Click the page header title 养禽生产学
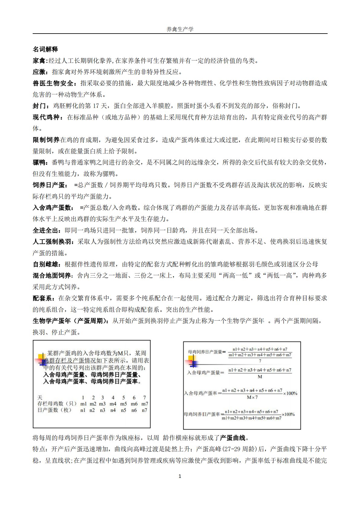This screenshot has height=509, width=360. [180, 29]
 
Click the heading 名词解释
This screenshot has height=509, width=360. [45, 49]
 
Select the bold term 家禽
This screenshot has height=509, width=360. [39, 61]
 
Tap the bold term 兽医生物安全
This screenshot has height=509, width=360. [53, 83]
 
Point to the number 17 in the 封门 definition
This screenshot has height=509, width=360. [96, 106]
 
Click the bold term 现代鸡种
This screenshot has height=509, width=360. [46, 117]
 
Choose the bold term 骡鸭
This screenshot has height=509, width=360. [39, 163]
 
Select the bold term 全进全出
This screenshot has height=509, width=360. [46, 230]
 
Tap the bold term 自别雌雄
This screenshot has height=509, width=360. [46, 264]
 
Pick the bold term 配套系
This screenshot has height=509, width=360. [42, 298]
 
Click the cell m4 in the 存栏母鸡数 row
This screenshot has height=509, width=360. [113, 404]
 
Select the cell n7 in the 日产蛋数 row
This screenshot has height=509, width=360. [144, 410]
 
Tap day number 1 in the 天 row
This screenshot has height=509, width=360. [83, 397]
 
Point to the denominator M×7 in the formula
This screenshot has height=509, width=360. [252, 397]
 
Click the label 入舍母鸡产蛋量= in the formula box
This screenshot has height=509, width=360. [206, 373]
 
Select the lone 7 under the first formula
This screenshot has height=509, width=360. [260, 361]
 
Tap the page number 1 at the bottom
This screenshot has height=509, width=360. [180, 476]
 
